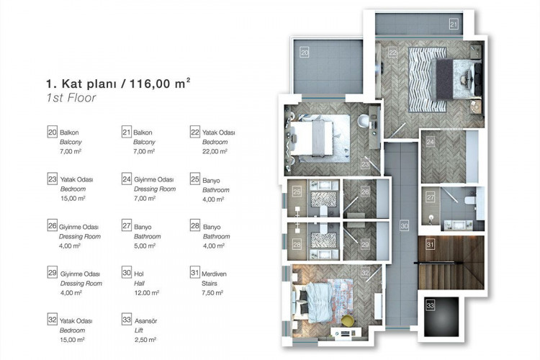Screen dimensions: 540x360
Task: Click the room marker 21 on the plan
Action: click(454, 24)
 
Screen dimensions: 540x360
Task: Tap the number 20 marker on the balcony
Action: click(305, 53)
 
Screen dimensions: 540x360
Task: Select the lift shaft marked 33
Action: click(441, 317)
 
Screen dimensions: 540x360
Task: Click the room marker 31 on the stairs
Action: click(430, 245)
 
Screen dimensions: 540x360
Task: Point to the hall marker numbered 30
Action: click(405, 226)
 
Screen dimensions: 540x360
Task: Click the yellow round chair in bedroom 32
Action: click(348, 320)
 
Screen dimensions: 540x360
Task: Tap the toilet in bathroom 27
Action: click(470, 200)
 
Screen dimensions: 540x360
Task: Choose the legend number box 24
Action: click(127, 179)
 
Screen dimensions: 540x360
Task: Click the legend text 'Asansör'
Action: click(145, 320)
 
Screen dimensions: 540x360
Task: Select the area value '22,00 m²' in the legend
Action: click(215, 151)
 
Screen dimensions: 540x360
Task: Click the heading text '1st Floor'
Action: click(71, 98)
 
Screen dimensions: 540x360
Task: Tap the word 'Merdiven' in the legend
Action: click(214, 274)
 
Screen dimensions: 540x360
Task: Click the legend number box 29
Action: click(52, 272)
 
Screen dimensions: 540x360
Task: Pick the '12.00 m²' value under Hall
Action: click(147, 293)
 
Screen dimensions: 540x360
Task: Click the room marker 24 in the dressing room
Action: click(430, 141)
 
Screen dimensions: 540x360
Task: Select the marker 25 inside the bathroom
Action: click(297, 192)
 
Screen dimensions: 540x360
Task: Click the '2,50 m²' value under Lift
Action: click(145, 340)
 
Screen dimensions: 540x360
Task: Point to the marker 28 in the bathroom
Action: click(297, 245)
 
